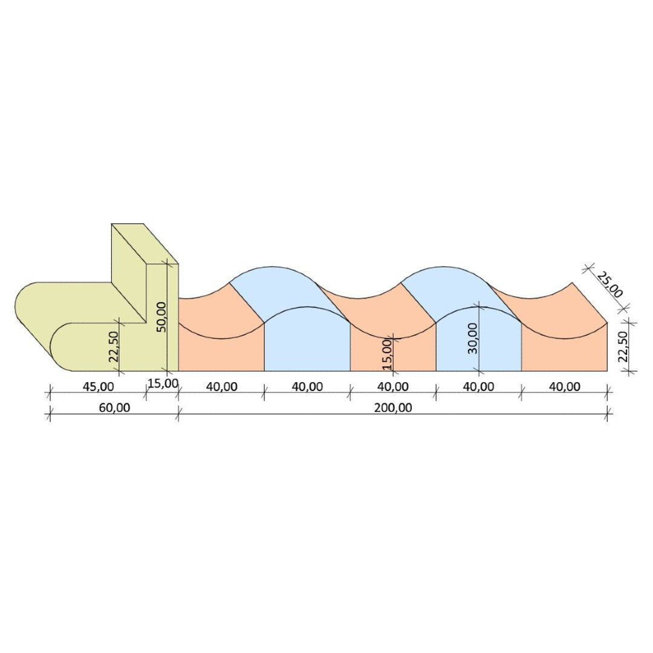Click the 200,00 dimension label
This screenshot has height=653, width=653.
point(393,408)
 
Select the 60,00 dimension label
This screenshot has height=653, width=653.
point(114,408)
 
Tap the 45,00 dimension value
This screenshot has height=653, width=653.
point(99,387)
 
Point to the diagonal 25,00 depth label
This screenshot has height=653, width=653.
point(609,285)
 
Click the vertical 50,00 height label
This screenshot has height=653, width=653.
point(161,316)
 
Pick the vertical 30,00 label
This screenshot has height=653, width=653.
point(473,339)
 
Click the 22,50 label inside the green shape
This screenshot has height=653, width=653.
point(114,346)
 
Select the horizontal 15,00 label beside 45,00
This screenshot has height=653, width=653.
point(163,383)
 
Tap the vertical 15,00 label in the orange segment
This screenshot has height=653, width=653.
point(386,354)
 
